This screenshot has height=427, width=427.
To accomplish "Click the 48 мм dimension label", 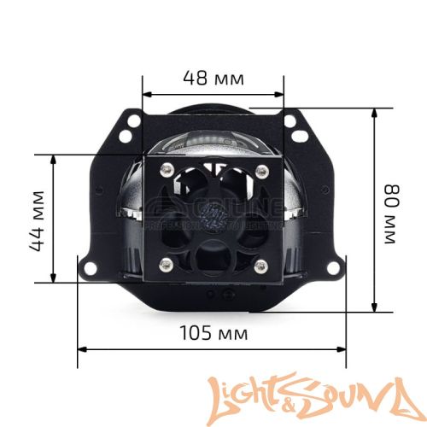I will point(213,78).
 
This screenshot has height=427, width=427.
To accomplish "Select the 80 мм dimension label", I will point(392,209).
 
